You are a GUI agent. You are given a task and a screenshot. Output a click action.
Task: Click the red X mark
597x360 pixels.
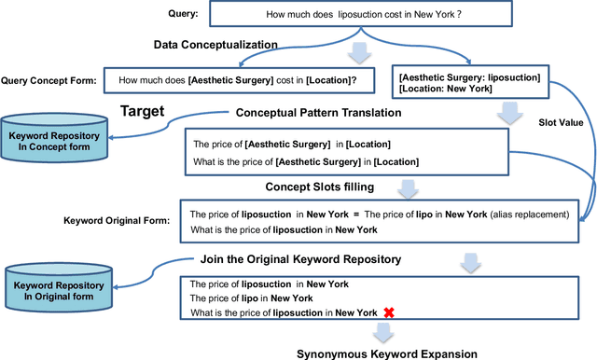[389, 312]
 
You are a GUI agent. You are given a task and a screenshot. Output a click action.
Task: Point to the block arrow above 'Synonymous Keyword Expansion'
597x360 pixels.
[382, 333]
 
